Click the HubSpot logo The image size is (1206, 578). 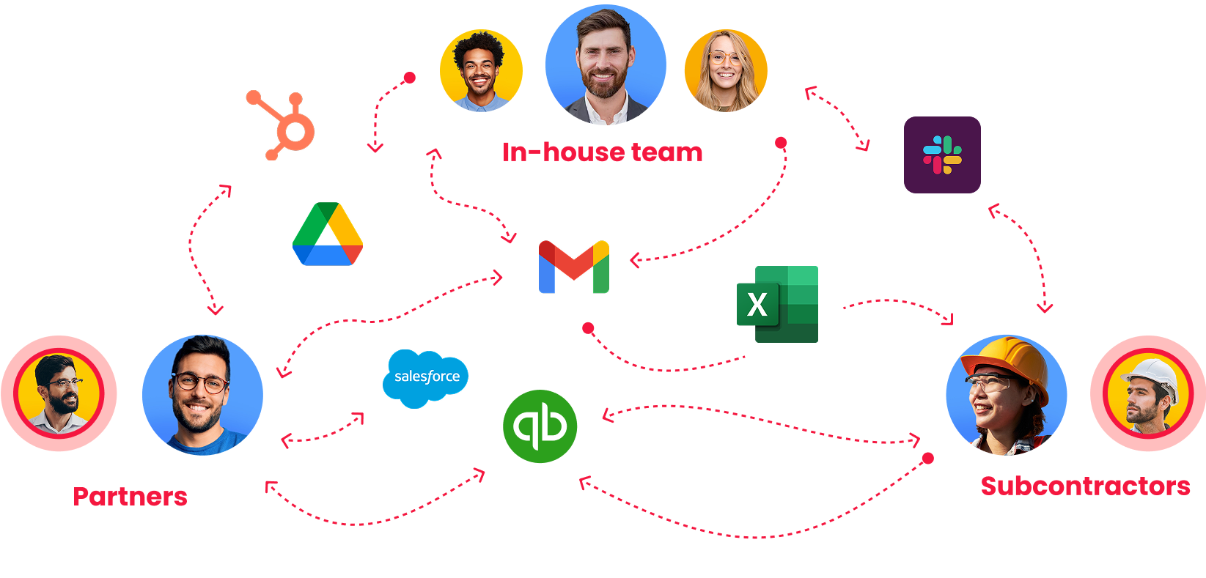click(282, 125)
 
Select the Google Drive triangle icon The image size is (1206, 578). click(328, 234)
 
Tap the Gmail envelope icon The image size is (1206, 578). click(574, 267)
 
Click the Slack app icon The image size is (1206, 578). click(942, 155)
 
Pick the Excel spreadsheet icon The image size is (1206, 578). click(778, 304)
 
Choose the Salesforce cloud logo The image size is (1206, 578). click(426, 377)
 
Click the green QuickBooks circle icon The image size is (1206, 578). click(540, 426)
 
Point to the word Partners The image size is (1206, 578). click(130, 497)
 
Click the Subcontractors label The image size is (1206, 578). click(1085, 486)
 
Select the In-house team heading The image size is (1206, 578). click(603, 152)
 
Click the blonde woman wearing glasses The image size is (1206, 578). click(726, 70)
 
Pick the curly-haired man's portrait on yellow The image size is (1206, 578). click(481, 70)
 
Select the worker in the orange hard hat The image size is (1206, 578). click(1007, 395)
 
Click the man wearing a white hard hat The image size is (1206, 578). click(1147, 394)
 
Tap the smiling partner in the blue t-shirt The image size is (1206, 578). click(203, 395)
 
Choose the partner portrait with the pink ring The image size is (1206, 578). click(59, 394)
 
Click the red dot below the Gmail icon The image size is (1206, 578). click(588, 328)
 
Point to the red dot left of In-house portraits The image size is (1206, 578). click(410, 78)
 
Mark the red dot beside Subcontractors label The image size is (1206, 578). click(928, 459)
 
